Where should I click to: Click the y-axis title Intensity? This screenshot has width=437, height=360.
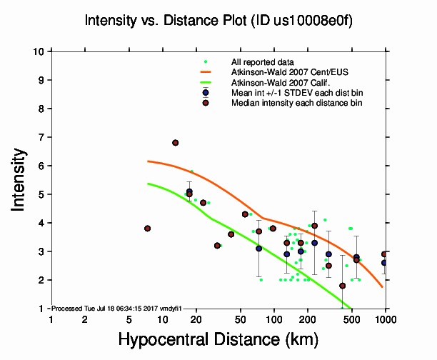click(x=20, y=179)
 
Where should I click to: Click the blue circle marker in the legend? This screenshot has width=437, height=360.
click(x=206, y=93)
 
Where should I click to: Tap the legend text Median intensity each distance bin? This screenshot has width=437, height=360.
click(x=296, y=103)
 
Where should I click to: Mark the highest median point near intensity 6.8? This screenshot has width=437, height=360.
click(x=175, y=143)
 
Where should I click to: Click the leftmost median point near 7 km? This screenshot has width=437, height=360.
click(x=147, y=229)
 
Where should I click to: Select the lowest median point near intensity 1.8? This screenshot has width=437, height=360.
click(x=342, y=286)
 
